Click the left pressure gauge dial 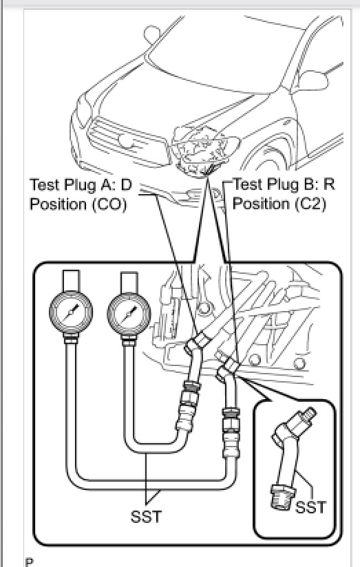[x=71, y=311]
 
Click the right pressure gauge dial [x=129, y=314]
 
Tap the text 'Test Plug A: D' [x=81, y=185]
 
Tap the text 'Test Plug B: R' [x=284, y=184]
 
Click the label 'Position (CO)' [x=78, y=204]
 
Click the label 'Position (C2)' [x=279, y=204]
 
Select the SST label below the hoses [x=146, y=516]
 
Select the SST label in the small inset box [x=311, y=507]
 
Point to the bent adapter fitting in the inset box [x=290, y=457]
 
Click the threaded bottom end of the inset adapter [x=283, y=498]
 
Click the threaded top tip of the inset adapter [x=308, y=412]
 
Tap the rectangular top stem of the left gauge [x=71, y=279]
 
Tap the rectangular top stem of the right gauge [x=129, y=282]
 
